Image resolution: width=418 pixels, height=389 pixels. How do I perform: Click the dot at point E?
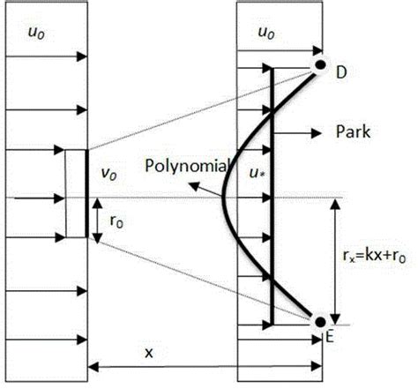pyautogui.click(x=319, y=321)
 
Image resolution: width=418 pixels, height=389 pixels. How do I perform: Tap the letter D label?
pyautogui.click(x=341, y=72)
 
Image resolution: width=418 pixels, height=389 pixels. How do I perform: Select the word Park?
pyautogui.click(x=352, y=132)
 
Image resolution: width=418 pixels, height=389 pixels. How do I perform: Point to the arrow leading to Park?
pyautogui.click(x=300, y=133)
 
